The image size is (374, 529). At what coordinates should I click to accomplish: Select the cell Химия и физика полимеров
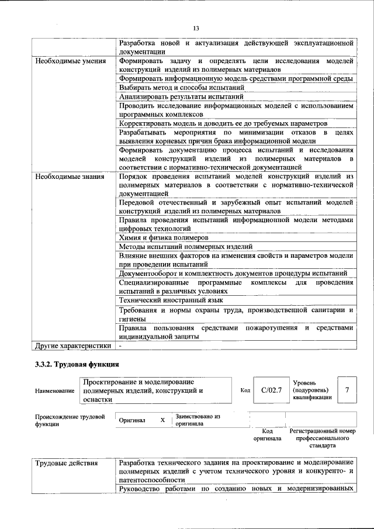coord(163,238)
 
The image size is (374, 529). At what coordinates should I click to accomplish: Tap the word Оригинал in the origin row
coord(132,420)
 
